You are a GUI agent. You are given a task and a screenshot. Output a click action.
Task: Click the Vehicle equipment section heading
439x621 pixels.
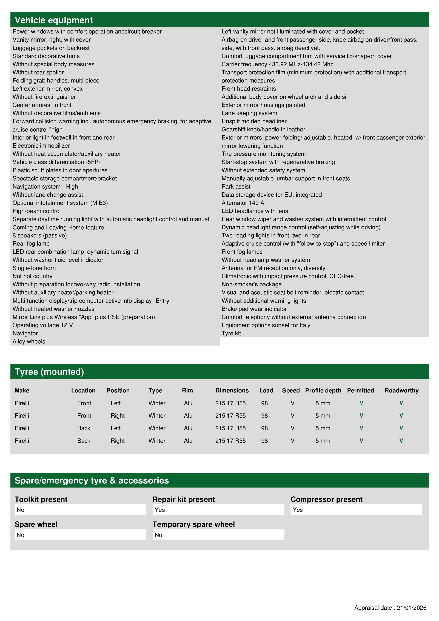54,20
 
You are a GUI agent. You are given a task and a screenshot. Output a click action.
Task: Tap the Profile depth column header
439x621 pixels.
323,390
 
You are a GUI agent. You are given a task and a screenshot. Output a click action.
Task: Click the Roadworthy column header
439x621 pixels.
401,390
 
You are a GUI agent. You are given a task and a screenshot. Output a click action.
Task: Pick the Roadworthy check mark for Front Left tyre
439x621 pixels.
401,403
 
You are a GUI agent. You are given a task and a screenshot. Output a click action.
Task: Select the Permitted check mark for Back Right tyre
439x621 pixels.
361,441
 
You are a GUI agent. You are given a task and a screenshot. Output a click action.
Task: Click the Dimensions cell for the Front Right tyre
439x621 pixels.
230,415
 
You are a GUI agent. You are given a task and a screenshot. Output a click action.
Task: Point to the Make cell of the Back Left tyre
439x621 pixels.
22,428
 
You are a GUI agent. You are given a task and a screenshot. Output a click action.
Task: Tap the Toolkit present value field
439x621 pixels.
80,510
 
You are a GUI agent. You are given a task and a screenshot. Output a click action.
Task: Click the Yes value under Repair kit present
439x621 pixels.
218,510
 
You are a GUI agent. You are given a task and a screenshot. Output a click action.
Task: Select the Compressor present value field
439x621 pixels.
356,510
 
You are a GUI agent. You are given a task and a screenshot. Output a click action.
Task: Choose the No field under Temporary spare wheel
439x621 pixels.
218,535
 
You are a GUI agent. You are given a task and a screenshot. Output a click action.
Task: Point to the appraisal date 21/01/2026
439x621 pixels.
411,608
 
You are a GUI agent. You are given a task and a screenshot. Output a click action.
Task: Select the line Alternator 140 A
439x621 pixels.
243,203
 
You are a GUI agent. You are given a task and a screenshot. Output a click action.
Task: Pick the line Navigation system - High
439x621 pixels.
45,187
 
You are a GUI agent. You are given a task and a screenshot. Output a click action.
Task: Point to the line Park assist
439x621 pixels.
236,187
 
